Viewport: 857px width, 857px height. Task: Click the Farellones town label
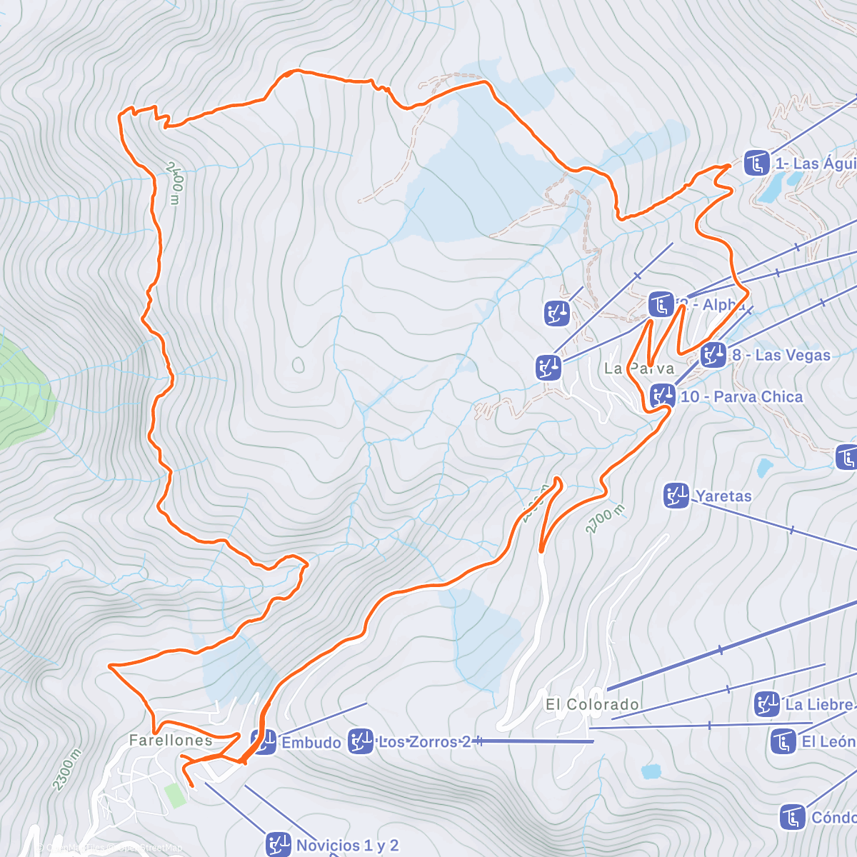pyautogui.click(x=171, y=741)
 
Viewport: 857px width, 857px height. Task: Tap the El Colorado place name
pyautogui.click(x=592, y=705)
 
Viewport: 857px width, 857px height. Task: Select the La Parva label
pyautogui.click(x=639, y=369)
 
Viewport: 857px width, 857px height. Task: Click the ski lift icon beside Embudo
pyautogui.click(x=264, y=742)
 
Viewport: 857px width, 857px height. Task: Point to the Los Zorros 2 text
pyautogui.click(x=424, y=742)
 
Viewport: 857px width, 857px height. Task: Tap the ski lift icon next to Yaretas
pyautogui.click(x=676, y=496)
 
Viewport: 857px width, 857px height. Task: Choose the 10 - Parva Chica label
pyautogui.click(x=741, y=396)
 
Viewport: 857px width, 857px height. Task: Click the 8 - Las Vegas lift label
pyautogui.click(x=781, y=355)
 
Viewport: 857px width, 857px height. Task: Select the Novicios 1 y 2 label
pyautogui.click(x=347, y=846)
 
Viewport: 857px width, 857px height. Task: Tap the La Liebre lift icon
pyautogui.click(x=768, y=704)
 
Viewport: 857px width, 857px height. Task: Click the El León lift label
pyautogui.click(x=828, y=741)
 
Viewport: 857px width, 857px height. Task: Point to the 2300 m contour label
pyautogui.click(x=67, y=769)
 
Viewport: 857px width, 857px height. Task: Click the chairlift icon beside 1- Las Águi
pyautogui.click(x=756, y=163)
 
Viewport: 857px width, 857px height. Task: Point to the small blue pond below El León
pyautogui.click(x=651, y=771)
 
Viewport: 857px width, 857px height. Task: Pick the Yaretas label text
pyautogui.click(x=723, y=496)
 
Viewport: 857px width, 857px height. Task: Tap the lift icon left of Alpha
pyautogui.click(x=661, y=304)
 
